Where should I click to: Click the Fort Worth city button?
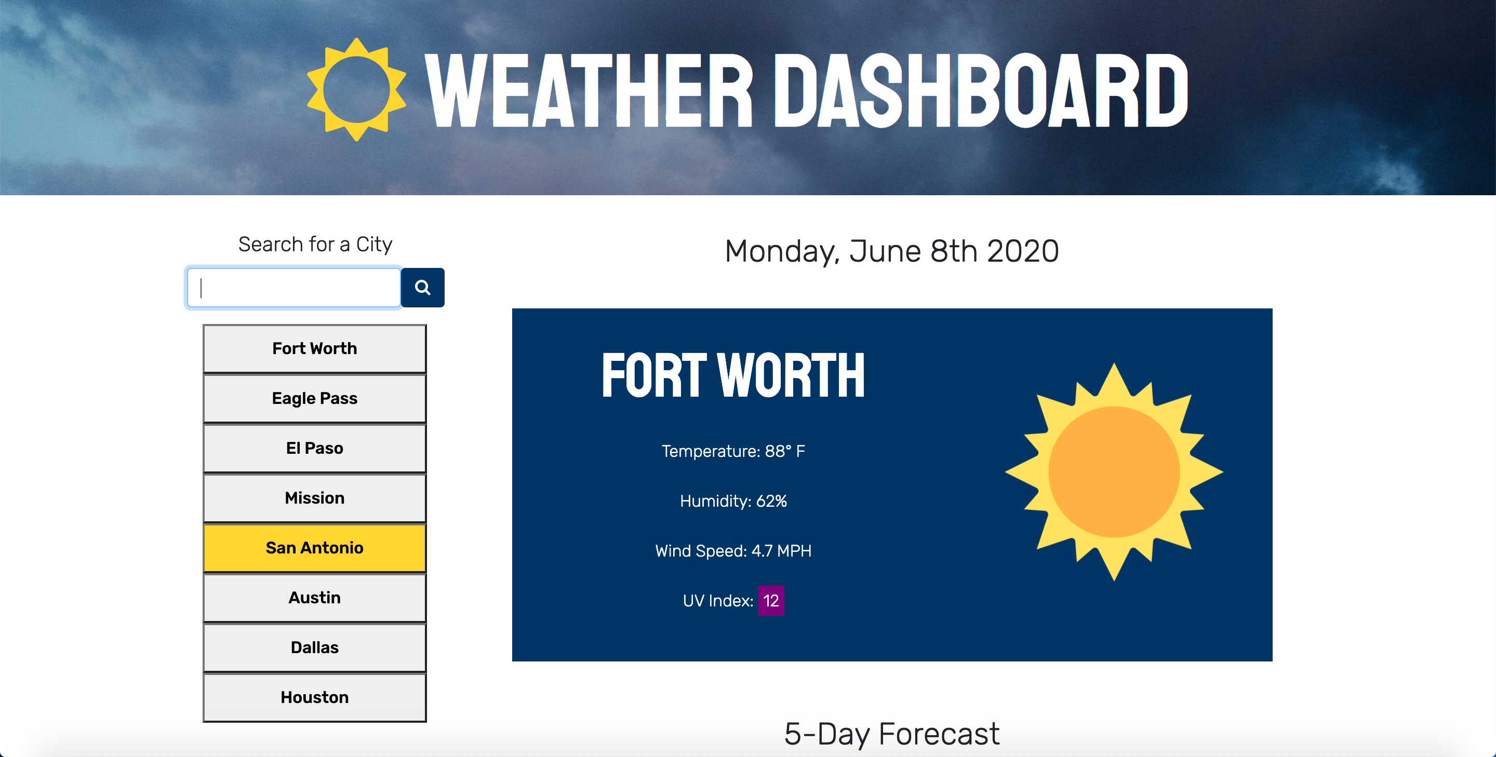point(314,348)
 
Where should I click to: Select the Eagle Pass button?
point(314,398)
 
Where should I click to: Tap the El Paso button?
point(314,448)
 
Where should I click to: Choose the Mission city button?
point(314,498)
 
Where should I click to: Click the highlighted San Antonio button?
point(314,548)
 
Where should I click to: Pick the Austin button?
point(314,598)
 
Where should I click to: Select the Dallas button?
point(314,648)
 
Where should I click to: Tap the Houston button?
point(314,698)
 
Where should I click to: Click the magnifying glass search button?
point(423,287)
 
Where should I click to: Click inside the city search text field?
point(294,287)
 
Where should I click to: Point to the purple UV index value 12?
point(771,601)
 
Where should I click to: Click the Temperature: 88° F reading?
point(733,451)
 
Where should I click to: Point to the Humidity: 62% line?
point(733,501)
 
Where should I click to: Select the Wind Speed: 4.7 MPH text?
point(733,551)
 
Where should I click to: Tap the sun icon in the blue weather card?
point(1114,472)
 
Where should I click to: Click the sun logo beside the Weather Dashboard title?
point(356,89)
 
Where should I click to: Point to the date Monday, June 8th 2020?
point(892,251)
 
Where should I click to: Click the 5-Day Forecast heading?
point(892,734)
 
